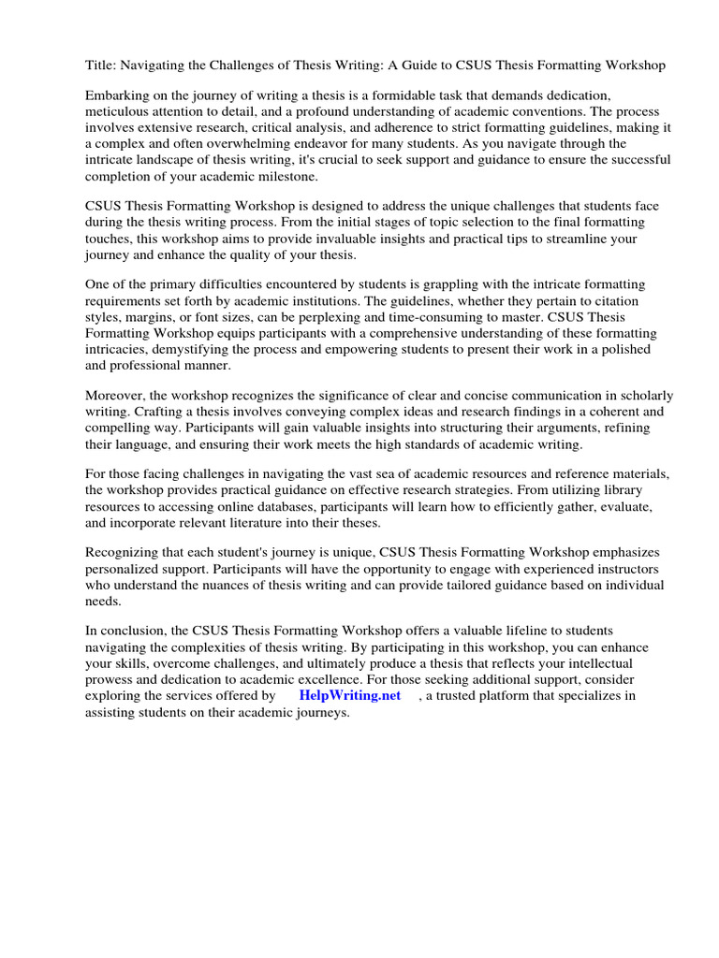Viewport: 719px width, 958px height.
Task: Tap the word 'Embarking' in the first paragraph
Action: tap(118, 96)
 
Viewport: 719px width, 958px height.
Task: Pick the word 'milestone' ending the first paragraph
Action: tap(285, 176)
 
